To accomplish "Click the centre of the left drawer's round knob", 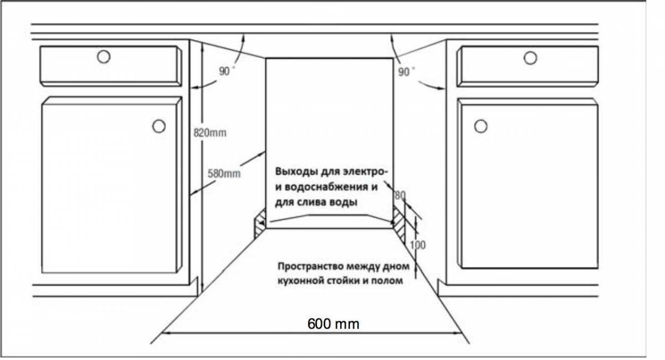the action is click(x=104, y=56).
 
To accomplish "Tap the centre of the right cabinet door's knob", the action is click(x=480, y=126).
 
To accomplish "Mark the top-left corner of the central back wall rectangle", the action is click(x=265, y=59).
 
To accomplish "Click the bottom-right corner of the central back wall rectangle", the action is click(x=393, y=228).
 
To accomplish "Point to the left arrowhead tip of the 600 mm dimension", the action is click(x=162, y=333).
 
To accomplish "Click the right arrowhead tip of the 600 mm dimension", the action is click(x=462, y=333).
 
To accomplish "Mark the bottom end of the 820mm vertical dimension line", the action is click(x=202, y=292).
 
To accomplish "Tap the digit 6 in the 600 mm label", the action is click(x=311, y=324).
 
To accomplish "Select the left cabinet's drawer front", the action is click(x=111, y=66).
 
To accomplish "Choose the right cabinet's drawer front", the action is click(x=528, y=66).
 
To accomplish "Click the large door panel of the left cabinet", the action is click(x=111, y=184).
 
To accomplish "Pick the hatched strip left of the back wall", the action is click(x=260, y=223).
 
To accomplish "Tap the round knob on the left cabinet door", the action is click(x=159, y=126).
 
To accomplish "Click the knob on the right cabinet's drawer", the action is click(x=530, y=58).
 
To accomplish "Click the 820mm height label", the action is click(x=210, y=133).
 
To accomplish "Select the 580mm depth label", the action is click(x=224, y=173).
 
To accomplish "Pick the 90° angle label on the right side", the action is click(x=406, y=71).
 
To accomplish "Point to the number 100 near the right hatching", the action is click(x=418, y=245).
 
